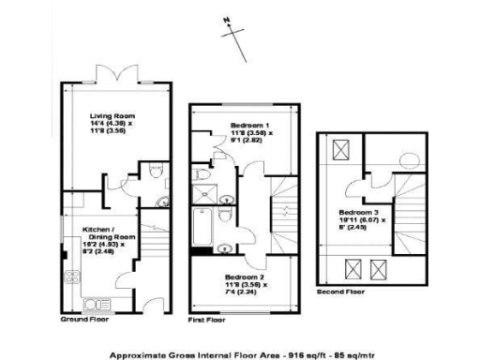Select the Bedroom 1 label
pos(250,125)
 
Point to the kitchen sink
pos(95,304)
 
